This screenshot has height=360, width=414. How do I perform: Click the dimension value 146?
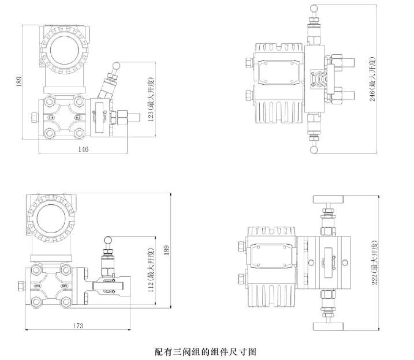83,149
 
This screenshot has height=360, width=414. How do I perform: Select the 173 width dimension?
78,325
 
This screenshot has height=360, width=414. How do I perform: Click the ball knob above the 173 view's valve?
108,237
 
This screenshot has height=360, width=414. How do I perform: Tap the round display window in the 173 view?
50,217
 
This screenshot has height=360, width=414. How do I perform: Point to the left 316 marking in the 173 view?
39,286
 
